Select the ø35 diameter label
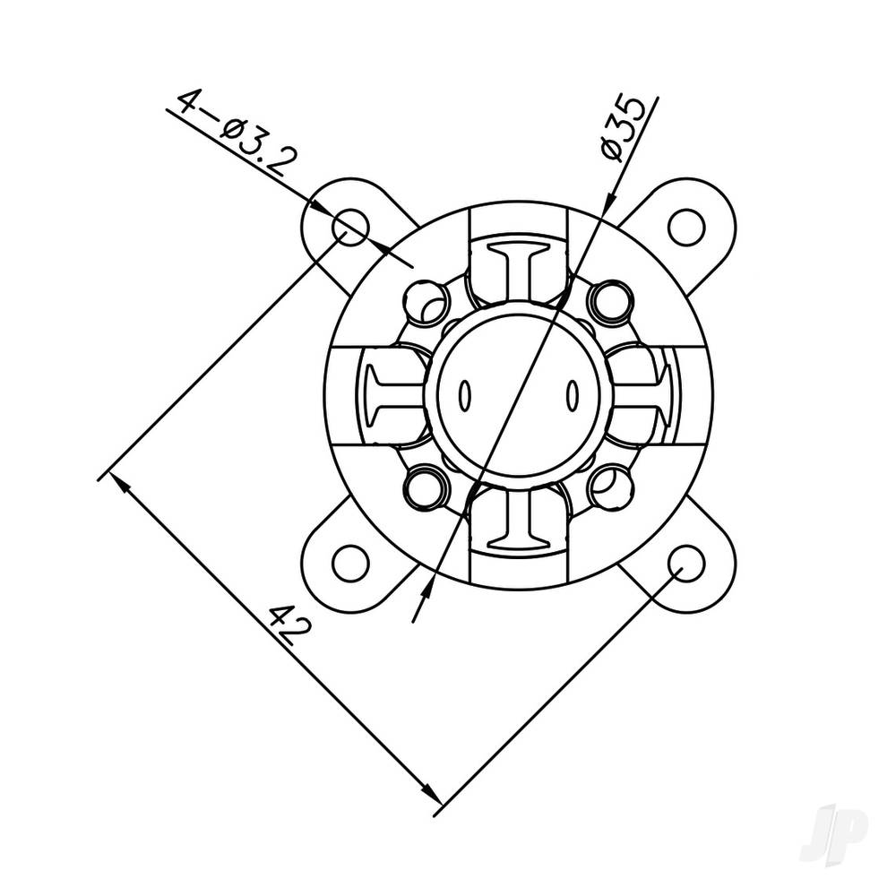click(x=625, y=127)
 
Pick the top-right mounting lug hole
click(x=686, y=226)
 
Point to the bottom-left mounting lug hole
click(x=349, y=563)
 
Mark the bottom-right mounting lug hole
click(x=686, y=563)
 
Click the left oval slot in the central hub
click(x=465, y=394)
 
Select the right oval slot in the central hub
click(x=571, y=394)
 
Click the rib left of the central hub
click(x=392, y=394)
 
